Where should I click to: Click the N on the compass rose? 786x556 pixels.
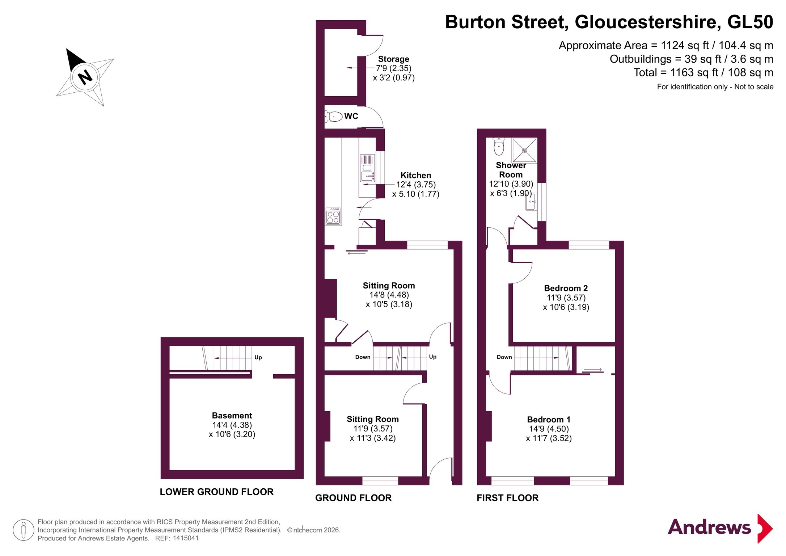[85, 77]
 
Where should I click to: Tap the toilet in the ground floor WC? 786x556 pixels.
[334, 117]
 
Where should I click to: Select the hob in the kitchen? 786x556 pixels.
[333, 216]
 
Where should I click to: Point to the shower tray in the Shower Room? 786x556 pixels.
[524, 150]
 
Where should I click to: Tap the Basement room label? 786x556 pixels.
[232, 416]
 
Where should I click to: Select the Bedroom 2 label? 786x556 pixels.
[566, 288]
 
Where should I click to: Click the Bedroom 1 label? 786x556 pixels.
[549, 420]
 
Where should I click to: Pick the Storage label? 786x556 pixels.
[394, 59]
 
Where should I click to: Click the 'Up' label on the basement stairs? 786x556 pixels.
[258, 357]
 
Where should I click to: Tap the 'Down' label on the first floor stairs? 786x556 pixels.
[504, 357]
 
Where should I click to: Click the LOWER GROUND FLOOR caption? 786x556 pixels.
[217, 492]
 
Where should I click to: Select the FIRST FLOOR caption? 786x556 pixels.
[507, 498]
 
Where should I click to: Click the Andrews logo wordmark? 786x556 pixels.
[709, 527]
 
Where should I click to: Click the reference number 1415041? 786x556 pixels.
[186, 538]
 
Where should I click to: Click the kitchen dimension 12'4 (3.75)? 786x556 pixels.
[416, 185]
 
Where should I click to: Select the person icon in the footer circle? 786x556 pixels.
[24, 530]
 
